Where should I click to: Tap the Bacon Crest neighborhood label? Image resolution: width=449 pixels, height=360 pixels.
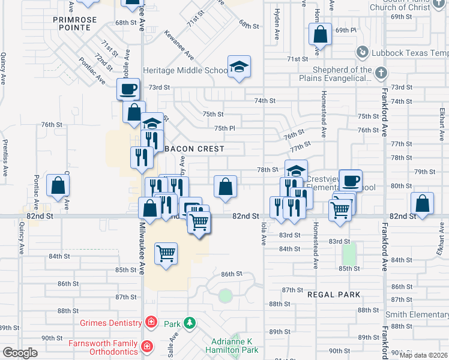(194, 148)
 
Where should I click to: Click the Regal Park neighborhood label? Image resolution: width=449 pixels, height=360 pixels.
(334, 295)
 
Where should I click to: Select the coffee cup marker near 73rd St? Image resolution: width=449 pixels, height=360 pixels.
(127, 90)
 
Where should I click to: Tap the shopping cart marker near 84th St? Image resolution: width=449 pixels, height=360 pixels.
(166, 253)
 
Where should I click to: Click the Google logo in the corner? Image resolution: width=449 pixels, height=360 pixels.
(20, 353)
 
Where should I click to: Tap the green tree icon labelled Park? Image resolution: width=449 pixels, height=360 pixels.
(190, 323)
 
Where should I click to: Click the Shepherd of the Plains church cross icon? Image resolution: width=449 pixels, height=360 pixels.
(380, 73)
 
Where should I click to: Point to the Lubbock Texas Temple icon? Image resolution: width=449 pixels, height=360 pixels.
(363, 52)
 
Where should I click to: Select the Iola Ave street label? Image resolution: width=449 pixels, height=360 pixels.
(264, 233)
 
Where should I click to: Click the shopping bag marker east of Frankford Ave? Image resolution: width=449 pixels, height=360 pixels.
(423, 203)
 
